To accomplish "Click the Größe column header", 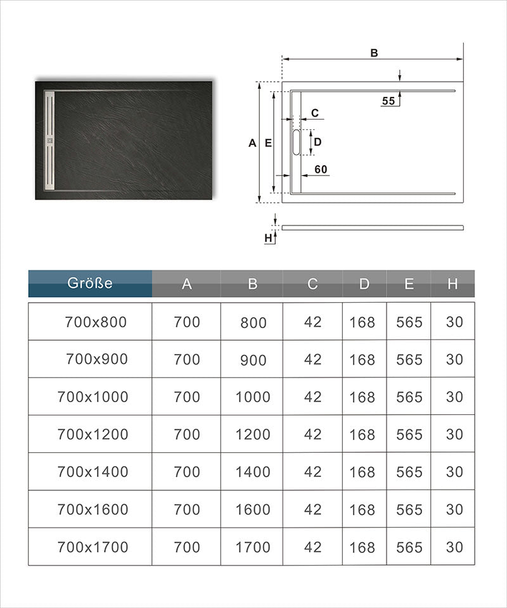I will pos(90,283).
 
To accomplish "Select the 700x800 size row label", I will pos(96,322).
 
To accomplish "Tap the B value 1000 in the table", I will pos(253,397).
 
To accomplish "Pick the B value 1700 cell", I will pos(253,547).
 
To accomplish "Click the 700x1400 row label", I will pos(93,472).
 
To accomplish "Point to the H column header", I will pos(452,284).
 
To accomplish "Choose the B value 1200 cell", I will pos(253,434).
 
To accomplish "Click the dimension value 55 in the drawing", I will pos(388,101).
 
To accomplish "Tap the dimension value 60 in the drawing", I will pos(321,169).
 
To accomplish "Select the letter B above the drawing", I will pos(375,53).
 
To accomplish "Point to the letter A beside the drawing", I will pos(252,143).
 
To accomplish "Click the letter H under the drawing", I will pos(269,238).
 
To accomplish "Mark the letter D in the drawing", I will pos(318,142).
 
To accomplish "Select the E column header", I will pos(409,284).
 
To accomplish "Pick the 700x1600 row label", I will pos(93,509).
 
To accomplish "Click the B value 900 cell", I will pos(253,360).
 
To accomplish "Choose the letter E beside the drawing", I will pos(268,143).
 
